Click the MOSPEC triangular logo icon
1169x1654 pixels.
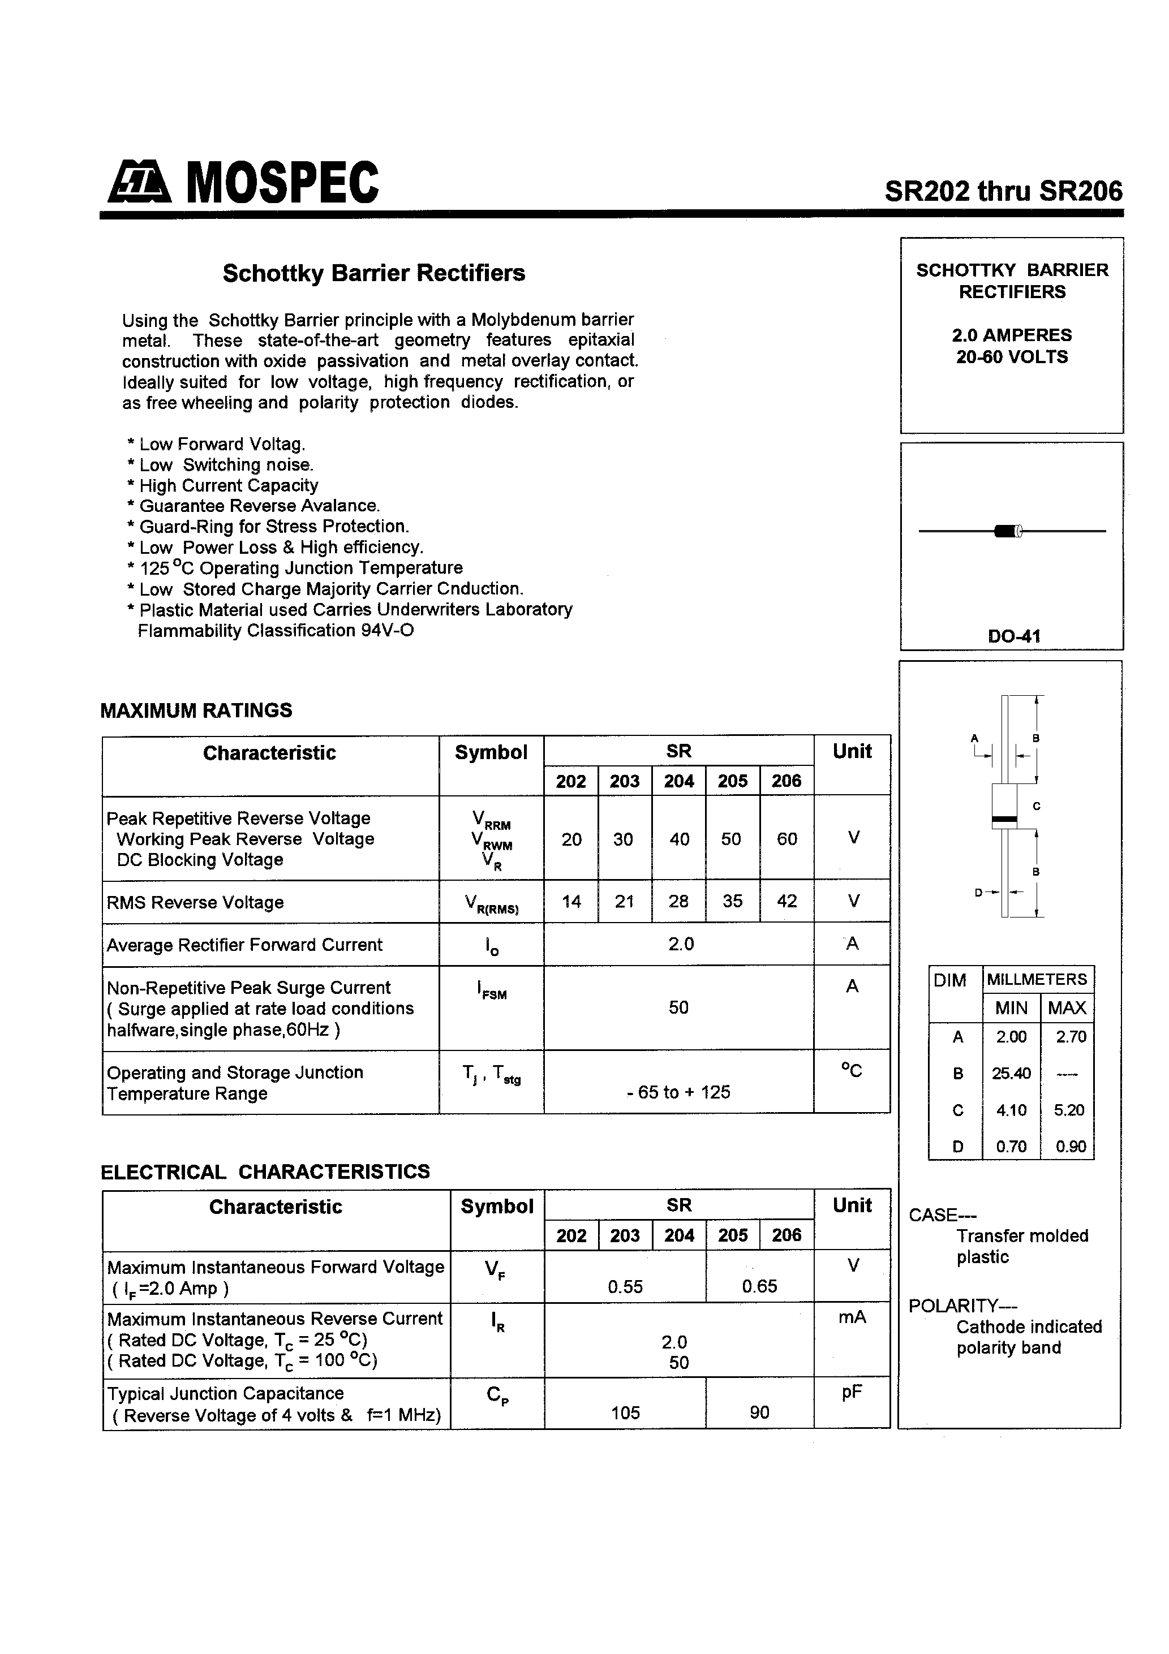pyautogui.click(x=139, y=182)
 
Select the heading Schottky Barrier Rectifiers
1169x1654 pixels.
pyautogui.click(x=373, y=273)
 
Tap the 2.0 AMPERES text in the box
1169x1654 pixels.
pyautogui.click(x=1011, y=335)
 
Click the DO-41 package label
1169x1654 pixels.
pyautogui.click(x=1013, y=636)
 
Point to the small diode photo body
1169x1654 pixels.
pyautogui.click(x=1005, y=532)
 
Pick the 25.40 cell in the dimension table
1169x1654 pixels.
pyautogui.click(x=1011, y=1074)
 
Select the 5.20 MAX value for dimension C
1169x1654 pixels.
pyautogui.click(x=1068, y=1110)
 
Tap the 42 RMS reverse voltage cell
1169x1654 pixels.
pyautogui.click(x=787, y=901)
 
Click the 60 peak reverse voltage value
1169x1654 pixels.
pyautogui.click(x=787, y=839)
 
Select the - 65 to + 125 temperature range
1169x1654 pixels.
pyautogui.click(x=678, y=1092)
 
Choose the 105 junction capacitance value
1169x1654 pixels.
pyautogui.click(x=625, y=1412)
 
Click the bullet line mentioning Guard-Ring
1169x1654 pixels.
pyautogui.click(x=274, y=527)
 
